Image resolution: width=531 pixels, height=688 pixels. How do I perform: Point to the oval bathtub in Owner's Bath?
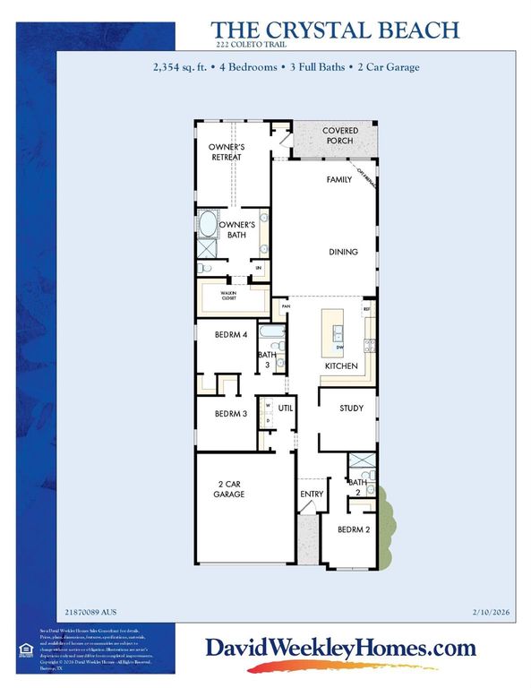[x=208, y=224]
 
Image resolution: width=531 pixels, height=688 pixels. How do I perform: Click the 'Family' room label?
[x=338, y=180]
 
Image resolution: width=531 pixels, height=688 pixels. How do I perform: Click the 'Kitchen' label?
[x=341, y=366]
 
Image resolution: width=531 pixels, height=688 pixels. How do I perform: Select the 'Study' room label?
[x=351, y=408]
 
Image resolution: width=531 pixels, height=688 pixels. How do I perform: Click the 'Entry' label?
[x=311, y=493]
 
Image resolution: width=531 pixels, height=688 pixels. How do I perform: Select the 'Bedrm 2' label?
[x=353, y=529]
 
